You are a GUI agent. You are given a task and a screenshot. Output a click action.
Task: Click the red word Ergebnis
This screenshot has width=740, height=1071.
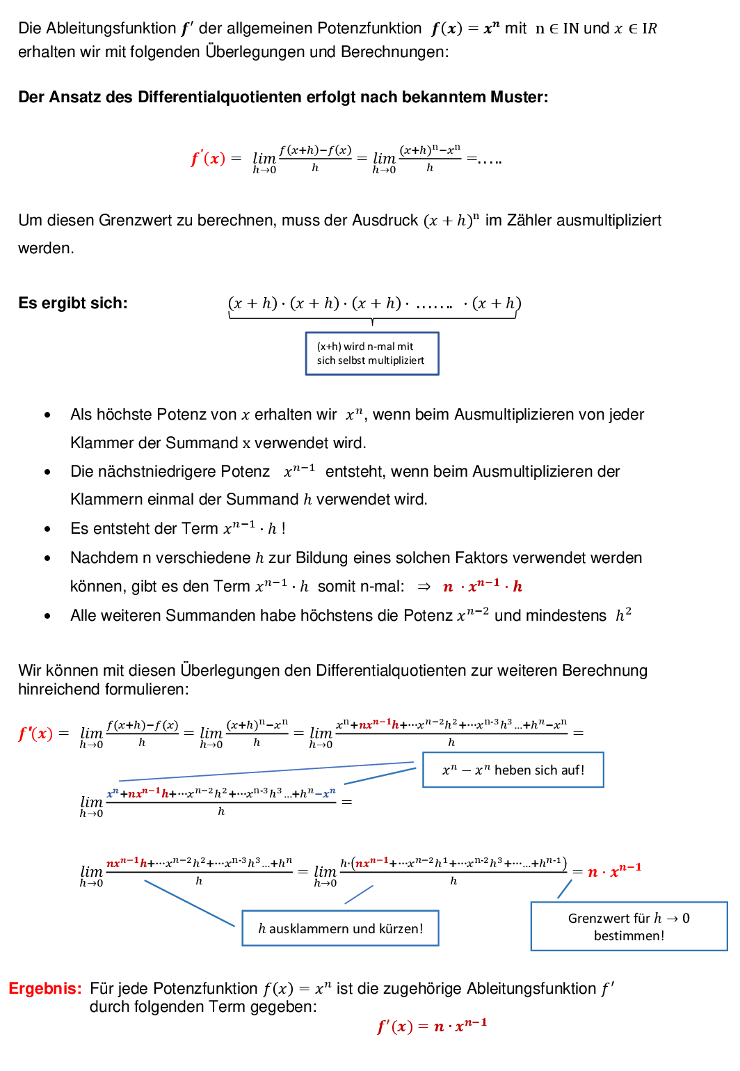pyautogui.click(x=45, y=988)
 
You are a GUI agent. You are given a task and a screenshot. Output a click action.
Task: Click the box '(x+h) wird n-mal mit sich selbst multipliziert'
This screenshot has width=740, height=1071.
pyautogui.click(x=372, y=354)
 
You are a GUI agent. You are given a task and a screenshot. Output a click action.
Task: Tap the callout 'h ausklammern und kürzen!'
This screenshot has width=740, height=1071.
pyautogui.click(x=340, y=928)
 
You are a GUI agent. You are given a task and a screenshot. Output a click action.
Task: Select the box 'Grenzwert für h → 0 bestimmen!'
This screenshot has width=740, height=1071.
pyautogui.click(x=629, y=926)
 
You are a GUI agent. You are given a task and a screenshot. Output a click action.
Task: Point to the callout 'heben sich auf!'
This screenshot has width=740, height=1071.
pyautogui.click(x=513, y=770)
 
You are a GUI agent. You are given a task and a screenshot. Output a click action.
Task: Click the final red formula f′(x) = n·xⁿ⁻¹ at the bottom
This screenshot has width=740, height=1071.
pyautogui.click(x=432, y=1026)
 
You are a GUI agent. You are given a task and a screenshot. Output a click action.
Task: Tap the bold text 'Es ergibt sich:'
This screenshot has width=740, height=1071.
pyautogui.click(x=73, y=303)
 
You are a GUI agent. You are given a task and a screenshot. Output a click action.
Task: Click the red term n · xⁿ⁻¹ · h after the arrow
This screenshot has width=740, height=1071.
pyautogui.click(x=482, y=587)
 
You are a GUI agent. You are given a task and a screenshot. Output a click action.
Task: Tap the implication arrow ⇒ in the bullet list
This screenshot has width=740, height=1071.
pyautogui.click(x=424, y=587)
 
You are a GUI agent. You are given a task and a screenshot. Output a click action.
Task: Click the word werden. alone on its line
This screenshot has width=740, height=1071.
pyautogui.click(x=46, y=248)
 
